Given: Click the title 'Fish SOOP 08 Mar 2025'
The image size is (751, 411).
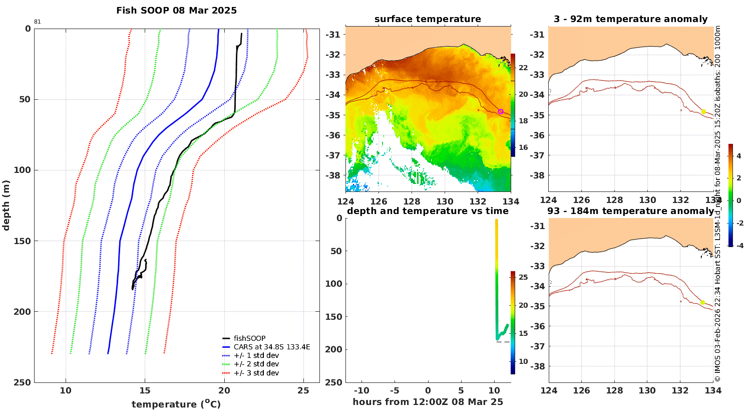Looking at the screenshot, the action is [x=176, y=11].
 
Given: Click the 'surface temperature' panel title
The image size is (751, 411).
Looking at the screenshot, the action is [x=428, y=19].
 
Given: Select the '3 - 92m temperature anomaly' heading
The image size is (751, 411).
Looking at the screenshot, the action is [x=631, y=19].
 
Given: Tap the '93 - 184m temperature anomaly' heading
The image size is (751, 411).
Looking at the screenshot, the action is [x=631, y=211].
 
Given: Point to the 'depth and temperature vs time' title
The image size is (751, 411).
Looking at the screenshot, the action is [x=428, y=211].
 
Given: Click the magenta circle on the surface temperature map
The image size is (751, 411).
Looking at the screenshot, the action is [x=501, y=111].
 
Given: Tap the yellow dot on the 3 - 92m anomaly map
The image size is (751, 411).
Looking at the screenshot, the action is [x=704, y=112].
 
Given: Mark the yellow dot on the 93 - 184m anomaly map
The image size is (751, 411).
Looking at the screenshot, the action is [x=703, y=302].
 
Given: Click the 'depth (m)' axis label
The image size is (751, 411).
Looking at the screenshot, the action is [x=6, y=205].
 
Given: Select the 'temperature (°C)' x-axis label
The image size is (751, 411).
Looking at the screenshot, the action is [x=176, y=404].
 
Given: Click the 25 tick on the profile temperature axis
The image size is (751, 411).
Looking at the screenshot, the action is [x=303, y=390].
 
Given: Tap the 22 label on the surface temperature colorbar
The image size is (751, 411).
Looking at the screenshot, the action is [x=523, y=68].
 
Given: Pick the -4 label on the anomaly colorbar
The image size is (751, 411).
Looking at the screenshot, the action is [x=739, y=246].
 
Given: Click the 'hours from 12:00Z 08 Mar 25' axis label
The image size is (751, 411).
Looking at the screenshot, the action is [x=428, y=402].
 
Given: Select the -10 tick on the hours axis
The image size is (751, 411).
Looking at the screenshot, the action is [x=361, y=390].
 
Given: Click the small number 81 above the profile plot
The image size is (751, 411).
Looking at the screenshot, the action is [x=37, y=22].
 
